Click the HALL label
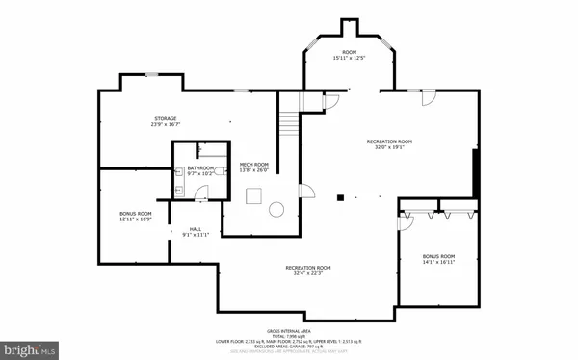pyautogui.click(x=194, y=229)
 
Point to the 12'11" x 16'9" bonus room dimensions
pyautogui.click(x=136, y=219)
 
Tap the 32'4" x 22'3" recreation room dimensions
pyautogui.click(x=308, y=272)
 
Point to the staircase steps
pyautogui.click(x=288, y=124)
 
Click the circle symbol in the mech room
pyautogui.click(x=277, y=207)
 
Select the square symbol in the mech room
pyautogui.click(x=253, y=196)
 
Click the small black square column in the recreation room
pyautogui.click(x=339, y=198)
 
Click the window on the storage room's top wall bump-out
pyautogui.click(x=151, y=74)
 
